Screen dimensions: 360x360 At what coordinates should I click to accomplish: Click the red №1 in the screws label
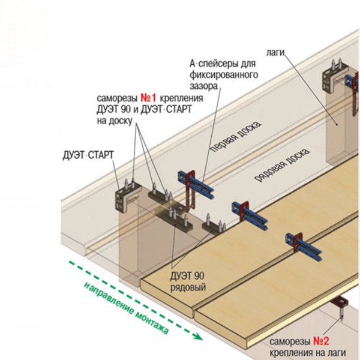click(148, 98)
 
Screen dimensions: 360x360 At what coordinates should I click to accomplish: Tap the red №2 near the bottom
click(321, 341)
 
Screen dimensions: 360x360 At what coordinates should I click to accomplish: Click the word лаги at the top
click(275, 53)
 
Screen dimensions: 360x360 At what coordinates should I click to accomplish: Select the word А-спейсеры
click(223, 64)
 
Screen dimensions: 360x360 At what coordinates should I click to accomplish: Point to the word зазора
click(203, 86)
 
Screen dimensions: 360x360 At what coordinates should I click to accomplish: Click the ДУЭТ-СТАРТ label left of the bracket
click(88, 155)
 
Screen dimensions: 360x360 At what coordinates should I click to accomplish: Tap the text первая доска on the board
click(236, 136)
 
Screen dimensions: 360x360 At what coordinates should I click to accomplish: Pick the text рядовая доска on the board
click(282, 165)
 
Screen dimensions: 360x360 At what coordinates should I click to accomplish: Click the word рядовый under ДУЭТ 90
click(188, 287)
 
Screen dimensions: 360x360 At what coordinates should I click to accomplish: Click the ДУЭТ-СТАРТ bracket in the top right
click(332, 79)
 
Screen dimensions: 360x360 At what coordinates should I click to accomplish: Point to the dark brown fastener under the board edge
click(340, 301)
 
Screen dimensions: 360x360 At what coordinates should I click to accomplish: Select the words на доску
click(115, 121)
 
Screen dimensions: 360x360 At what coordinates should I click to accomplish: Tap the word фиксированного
click(224, 75)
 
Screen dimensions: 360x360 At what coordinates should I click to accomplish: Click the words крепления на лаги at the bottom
click(308, 353)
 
